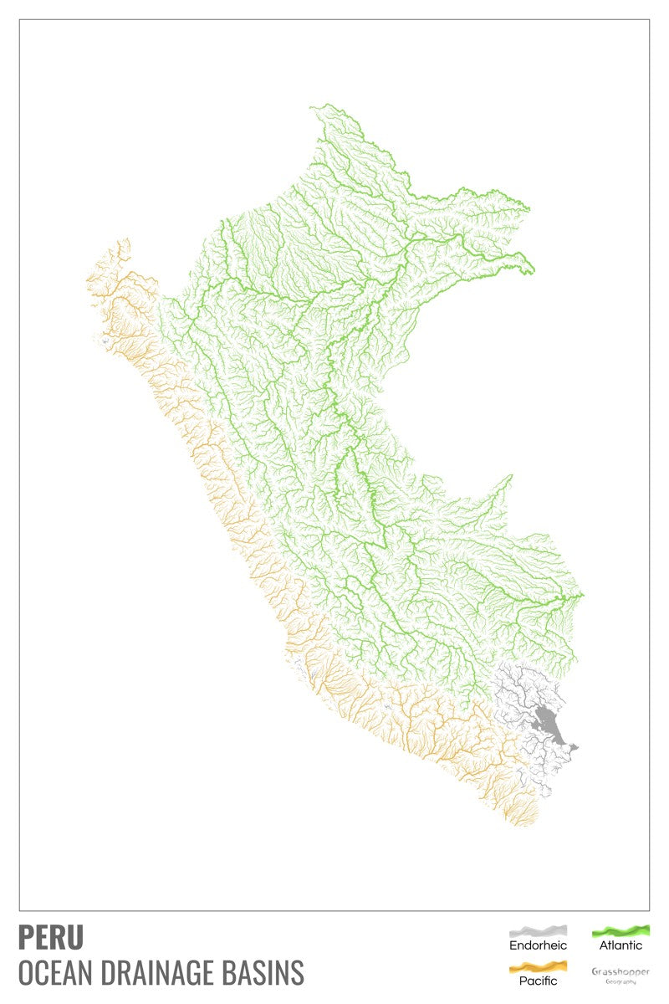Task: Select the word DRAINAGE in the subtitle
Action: [x=166, y=973]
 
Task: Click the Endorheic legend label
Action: [x=539, y=945]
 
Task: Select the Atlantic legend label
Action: [x=620, y=945]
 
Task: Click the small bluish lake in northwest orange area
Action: [x=104, y=341]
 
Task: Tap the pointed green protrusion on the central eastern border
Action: [x=511, y=477]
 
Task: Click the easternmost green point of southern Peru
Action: [x=583, y=595]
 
